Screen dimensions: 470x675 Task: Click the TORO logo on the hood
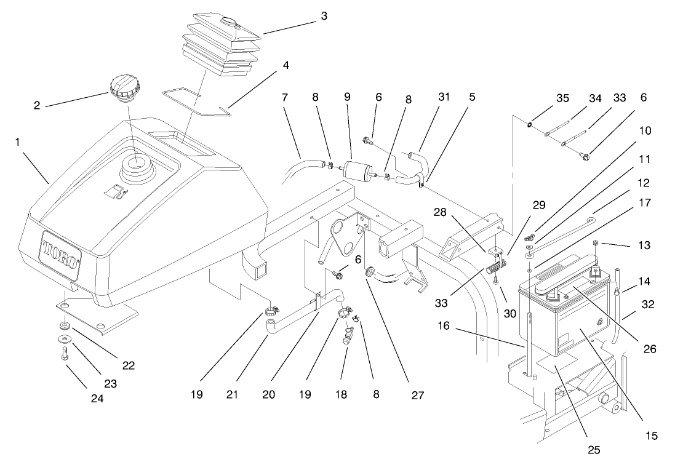tap(61, 253)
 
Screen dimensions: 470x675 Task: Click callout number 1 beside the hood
tap(18, 141)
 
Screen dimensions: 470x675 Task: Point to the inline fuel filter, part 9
tap(354, 169)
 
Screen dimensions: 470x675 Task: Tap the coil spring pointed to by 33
tap(495, 268)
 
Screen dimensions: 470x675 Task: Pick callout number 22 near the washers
tap(128, 365)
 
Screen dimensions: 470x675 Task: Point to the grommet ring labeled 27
tap(371, 271)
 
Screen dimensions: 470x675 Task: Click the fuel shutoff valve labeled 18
tap(348, 336)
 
